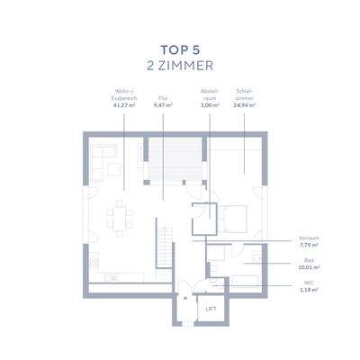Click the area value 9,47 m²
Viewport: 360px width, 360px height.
tap(163, 105)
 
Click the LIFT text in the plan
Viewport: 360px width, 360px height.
tap(211, 309)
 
